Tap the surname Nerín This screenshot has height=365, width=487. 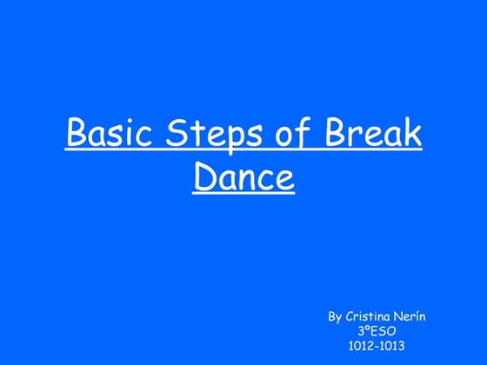point(414,317)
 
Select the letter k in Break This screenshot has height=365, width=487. point(414,136)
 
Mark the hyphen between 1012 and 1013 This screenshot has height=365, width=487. point(377,346)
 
